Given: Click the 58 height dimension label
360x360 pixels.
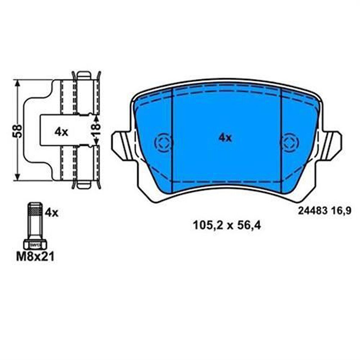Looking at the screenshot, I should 19,131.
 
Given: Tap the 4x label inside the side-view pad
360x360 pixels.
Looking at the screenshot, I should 61,132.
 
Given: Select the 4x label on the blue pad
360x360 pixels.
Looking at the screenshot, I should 225,138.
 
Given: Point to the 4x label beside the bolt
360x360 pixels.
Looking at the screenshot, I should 51,213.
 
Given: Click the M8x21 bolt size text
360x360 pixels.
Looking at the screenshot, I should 35,257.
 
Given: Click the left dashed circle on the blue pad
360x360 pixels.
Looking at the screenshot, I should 163,142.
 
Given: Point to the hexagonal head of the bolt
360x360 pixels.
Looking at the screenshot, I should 35,244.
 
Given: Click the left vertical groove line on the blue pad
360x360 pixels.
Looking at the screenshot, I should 173,140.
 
